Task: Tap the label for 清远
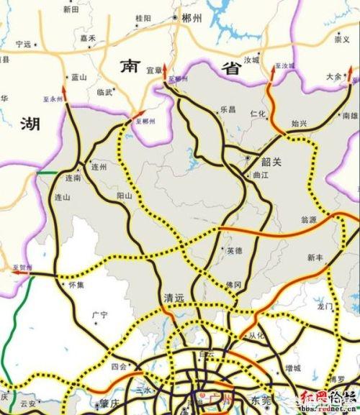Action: [174, 298]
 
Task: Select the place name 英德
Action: [235, 251]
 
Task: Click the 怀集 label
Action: [76, 285]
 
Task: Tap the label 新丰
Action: [315, 257]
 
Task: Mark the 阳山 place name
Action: [125, 195]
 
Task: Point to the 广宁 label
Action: [99, 315]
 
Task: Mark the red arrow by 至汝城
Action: [274, 70]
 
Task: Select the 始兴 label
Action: [299, 124]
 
